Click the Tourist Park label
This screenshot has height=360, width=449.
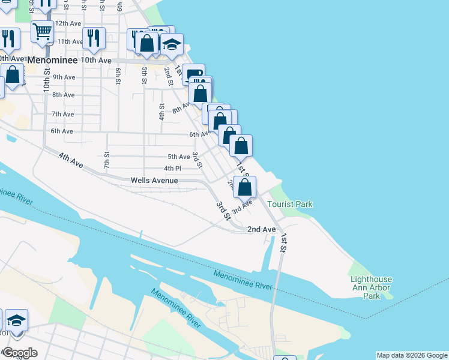pyautogui.click(x=290, y=204)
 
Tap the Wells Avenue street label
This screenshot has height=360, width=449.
pyautogui.click(x=154, y=180)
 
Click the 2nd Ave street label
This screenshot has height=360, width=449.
pyautogui.click(x=262, y=229)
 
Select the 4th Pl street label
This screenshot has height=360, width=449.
pyautogui.click(x=173, y=169)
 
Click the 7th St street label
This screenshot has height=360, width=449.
pyautogui.click(x=106, y=160)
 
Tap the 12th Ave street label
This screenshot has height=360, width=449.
pyautogui.click(x=67, y=23)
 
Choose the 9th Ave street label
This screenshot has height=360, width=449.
pyautogui.click(x=64, y=77)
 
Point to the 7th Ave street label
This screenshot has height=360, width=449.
pyautogui.click(x=62, y=114)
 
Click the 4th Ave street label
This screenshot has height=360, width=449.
pyautogui.click(x=71, y=160)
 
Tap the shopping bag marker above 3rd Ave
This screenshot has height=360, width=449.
pyautogui.click(x=245, y=187)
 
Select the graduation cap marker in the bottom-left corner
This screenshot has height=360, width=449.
pyautogui.click(x=17, y=320)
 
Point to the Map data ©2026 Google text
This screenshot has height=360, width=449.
pyautogui.click(x=411, y=355)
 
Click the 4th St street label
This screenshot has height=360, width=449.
pyautogui.click(x=162, y=111)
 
